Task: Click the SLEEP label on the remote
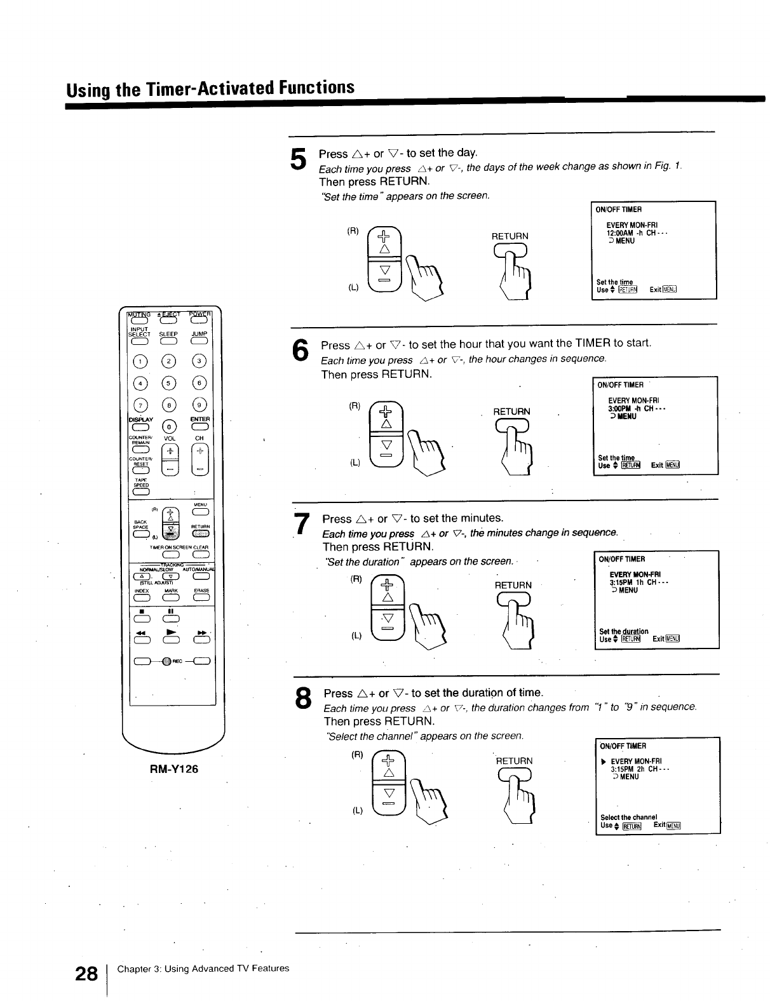click(x=168, y=334)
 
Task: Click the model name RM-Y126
click(x=173, y=769)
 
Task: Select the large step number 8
click(x=303, y=699)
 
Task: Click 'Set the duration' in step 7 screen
click(x=623, y=631)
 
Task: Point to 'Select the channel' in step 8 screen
click(x=628, y=817)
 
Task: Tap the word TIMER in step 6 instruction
click(x=593, y=344)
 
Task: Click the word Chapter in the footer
click(x=130, y=969)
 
